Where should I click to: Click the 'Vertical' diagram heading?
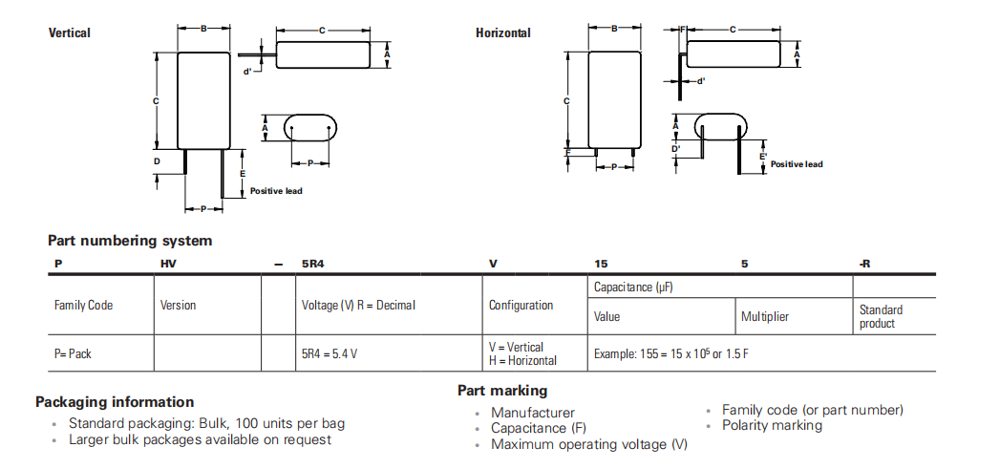(x=70, y=33)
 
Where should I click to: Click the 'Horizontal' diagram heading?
(x=503, y=33)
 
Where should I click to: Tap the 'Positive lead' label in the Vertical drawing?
(x=276, y=191)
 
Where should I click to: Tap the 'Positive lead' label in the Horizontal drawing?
(x=797, y=164)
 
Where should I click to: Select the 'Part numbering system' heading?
(x=130, y=241)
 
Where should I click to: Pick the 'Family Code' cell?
(x=83, y=306)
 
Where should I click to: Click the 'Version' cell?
(x=179, y=306)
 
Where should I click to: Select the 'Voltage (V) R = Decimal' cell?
(x=358, y=306)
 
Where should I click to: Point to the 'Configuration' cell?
(x=521, y=306)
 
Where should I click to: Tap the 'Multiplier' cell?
(x=765, y=316)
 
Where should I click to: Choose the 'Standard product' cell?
(x=881, y=316)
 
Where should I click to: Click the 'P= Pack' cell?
(x=74, y=353)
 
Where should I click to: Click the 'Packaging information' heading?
(x=115, y=402)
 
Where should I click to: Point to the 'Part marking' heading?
(x=502, y=391)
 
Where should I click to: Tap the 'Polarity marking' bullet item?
(x=772, y=426)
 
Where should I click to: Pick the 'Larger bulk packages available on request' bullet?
(x=200, y=440)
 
